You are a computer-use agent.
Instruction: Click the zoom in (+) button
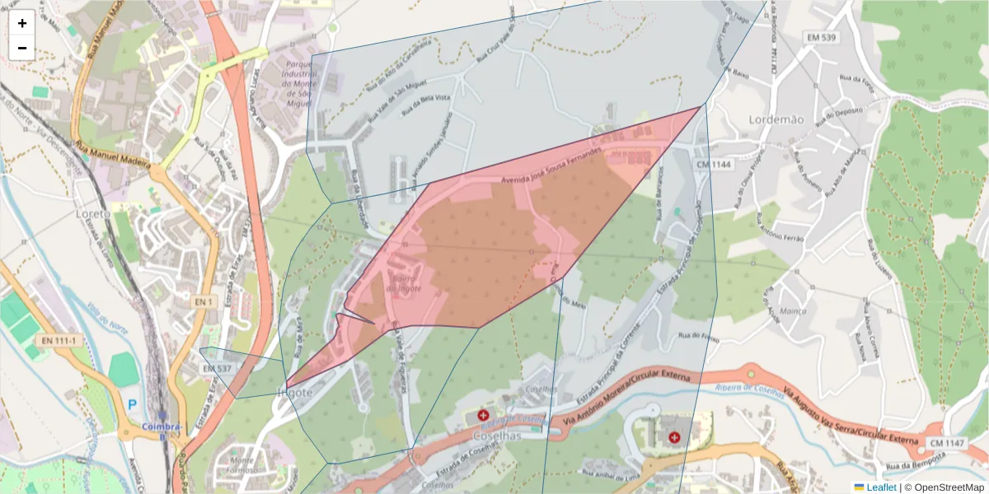[22, 23]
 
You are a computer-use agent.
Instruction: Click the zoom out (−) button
[22, 48]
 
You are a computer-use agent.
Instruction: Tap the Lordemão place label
[776, 119]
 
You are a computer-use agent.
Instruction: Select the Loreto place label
[92, 213]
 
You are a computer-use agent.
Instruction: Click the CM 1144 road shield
[714, 165]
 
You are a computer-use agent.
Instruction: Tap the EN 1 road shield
[204, 303]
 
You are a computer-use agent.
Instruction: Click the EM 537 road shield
[217, 368]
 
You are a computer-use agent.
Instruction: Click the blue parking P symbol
[132, 404]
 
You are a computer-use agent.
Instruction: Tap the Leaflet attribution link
[881, 487]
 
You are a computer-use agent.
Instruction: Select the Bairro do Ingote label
[404, 284]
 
